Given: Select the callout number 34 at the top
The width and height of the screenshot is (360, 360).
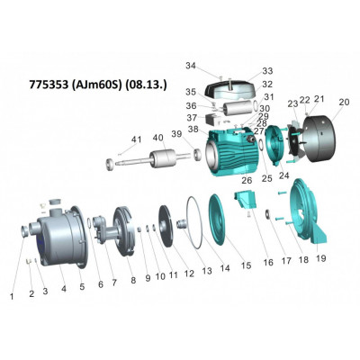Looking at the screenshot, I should point(190,65).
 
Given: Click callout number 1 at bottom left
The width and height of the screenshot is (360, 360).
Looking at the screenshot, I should point(12,294).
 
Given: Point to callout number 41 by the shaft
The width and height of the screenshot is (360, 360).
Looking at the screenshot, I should point(137,139).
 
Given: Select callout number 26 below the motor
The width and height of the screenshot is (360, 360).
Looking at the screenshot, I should point(243,178).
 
